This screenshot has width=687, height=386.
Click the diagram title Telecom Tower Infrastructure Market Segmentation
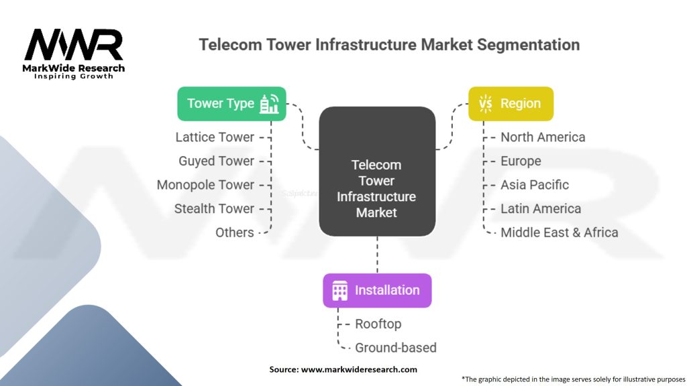tap(389, 46)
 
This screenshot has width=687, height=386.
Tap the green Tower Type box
tap(231, 103)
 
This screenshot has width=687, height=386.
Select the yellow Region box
tap(511, 103)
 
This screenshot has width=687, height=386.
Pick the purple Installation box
tap(377, 290)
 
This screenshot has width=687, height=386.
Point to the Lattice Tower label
tap(215, 137)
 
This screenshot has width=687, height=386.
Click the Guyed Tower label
tap(216, 161)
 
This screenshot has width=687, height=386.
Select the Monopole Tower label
tap(205, 185)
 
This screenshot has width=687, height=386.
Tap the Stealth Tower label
tap(214, 208)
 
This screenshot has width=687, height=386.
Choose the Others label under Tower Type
tap(234, 233)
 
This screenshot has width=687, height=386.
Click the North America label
tap(543, 137)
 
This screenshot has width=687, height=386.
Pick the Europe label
tap(521, 161)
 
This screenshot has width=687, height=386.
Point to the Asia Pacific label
tap(535, 185)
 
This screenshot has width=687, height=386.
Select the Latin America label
tap(541, 208)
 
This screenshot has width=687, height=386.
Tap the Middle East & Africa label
tap(560, 233)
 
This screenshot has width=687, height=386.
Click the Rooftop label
tap(378, 324)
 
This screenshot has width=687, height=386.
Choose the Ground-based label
tap(395, 347)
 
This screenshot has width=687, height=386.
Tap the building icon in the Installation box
tap(340, 290)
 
